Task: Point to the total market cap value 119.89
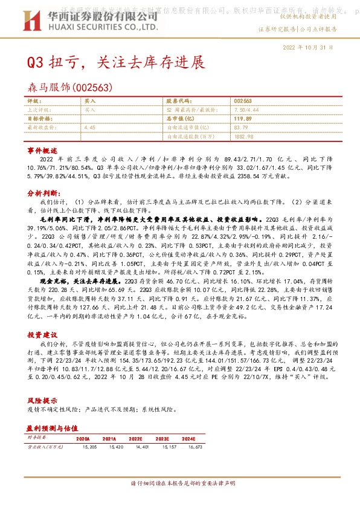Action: coord(243,119)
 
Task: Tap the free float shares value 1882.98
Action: coord(243,137)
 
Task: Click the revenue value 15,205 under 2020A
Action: coord(81,447)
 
